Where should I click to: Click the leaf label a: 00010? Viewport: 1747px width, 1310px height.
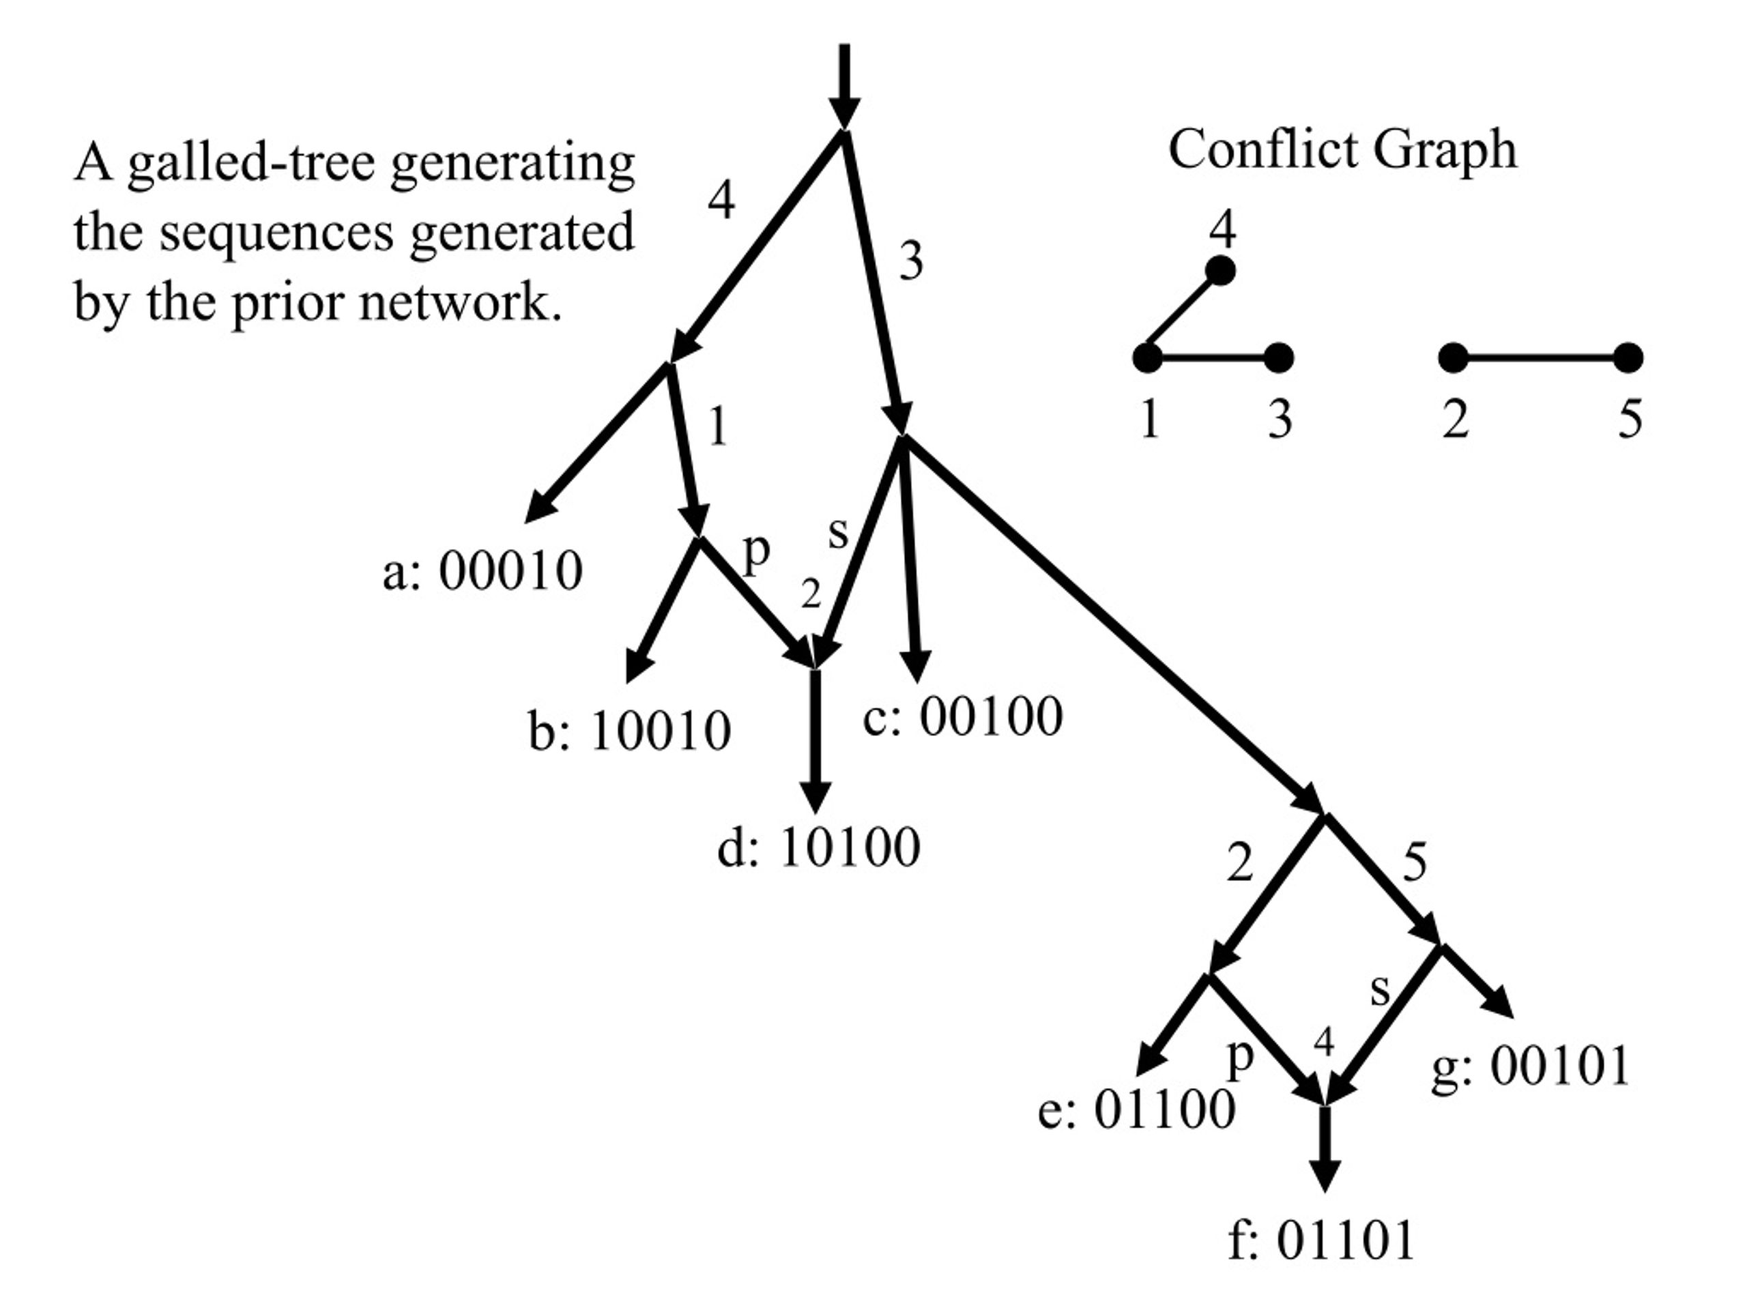pos(482,570)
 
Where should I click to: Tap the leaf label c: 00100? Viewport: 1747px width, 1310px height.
pos(963,716)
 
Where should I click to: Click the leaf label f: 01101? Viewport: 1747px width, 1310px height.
pos(1321,1239)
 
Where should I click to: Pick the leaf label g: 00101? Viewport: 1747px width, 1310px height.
pos(1530,1065)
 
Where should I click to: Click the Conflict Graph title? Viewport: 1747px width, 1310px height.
pos(1342,149)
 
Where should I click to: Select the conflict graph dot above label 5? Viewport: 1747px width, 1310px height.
pos(1628,358)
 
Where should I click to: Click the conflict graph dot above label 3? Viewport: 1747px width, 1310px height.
pos(1279,358)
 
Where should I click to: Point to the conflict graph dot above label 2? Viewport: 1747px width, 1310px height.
pos(1453,358)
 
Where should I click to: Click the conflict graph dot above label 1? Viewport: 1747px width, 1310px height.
pos(1148,358)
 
